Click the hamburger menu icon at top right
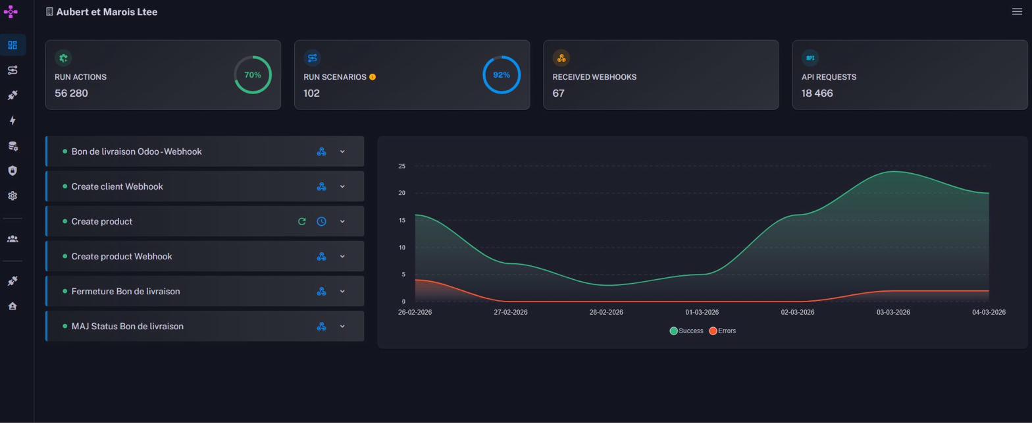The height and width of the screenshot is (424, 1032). [1017, 11]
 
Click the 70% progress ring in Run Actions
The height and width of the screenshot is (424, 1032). [253, 75]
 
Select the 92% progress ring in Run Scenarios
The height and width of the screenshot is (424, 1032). [502, 75]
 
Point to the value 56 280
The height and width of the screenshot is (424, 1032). [71, 93]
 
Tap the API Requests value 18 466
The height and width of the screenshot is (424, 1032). [817, 93]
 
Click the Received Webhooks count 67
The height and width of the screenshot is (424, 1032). [559, 93]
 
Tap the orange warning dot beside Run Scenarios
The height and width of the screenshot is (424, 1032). [373, 77]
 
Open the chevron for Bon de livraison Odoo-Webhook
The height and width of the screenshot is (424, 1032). [342, 151]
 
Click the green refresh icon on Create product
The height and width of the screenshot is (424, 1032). [302, 221]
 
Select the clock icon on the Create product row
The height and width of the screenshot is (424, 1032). [321, 221]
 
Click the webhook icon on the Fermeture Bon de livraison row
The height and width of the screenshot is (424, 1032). [321, 291]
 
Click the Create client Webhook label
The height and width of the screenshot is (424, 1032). [117, 186]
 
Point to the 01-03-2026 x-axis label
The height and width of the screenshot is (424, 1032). [702, 312]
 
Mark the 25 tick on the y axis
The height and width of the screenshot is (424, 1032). [401, 166]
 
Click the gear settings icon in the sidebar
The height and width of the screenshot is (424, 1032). [13, 196]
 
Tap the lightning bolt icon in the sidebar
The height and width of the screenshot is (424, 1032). [13, 120]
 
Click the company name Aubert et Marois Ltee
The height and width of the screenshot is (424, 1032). [107, 12]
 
